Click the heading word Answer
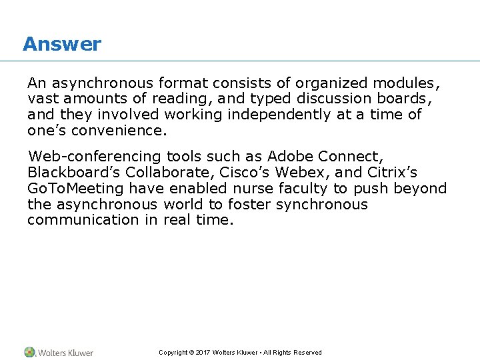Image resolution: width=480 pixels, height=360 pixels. click(x=61, y=44)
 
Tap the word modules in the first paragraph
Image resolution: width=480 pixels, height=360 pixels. click(x=406, y=83)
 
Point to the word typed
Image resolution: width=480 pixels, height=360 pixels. click(x=272, y=99)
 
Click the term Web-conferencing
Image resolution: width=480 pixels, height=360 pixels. click(x=95, y=157)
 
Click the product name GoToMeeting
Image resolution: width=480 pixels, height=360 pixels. click(x=75, y=189)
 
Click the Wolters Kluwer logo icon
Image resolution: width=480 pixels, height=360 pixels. click(x=30, y=352)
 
